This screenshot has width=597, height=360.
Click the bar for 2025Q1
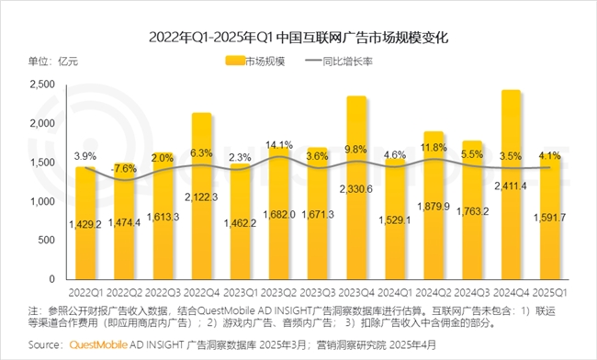(550, 217)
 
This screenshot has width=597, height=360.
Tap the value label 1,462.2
(241, 222)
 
